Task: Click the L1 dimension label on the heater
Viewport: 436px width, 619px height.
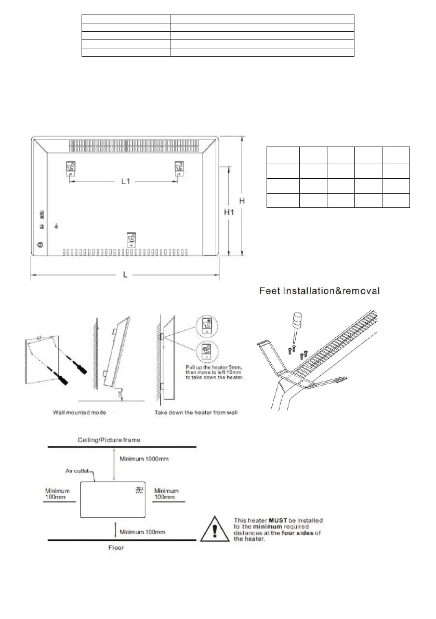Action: tap(125, 181)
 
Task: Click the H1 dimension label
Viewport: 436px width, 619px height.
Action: tap(228, 212)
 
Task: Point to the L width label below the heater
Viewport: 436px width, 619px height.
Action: tap(125, 274)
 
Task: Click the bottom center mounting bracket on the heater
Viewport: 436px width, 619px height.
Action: tap(131, 240)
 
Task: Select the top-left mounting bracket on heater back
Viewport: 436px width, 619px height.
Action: tap(71, 168)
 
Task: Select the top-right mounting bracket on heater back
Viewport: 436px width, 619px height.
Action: tap(179, 168)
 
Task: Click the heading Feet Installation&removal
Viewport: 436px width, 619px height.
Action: tap(320, 291)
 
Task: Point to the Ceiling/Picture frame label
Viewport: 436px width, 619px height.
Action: tap(108, 440)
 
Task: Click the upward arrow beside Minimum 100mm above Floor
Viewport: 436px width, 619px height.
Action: tap(114, 529)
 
